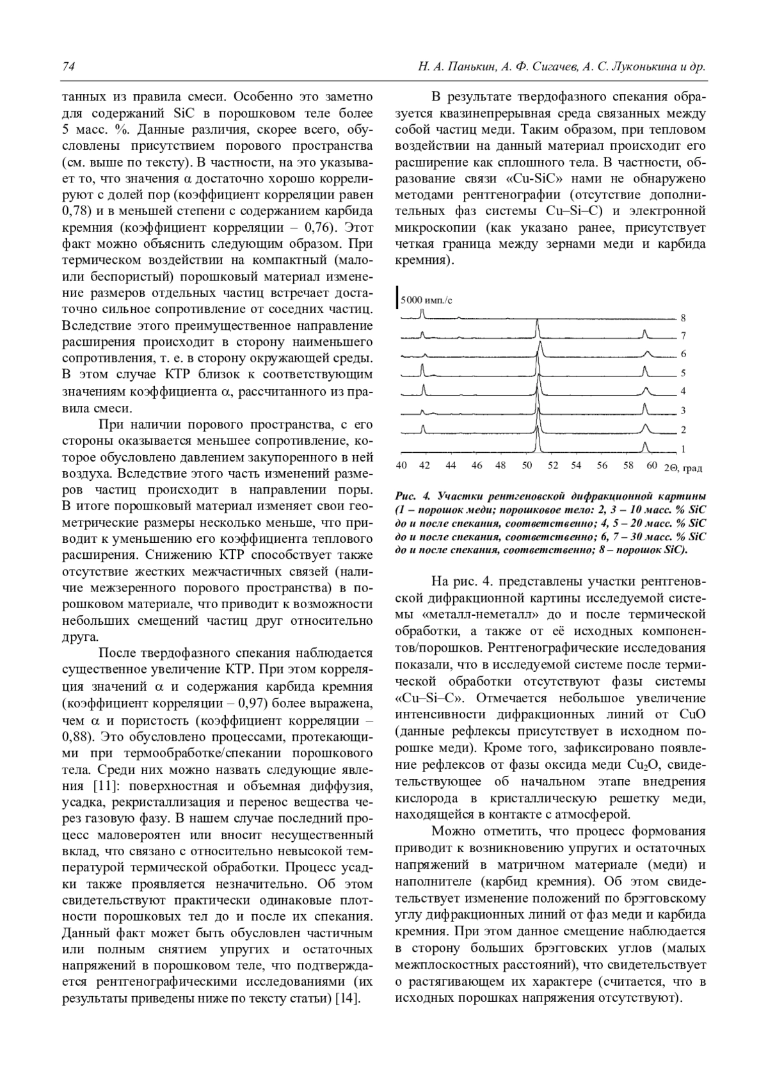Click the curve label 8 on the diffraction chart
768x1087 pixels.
pyautogui.click(x=684, y=318)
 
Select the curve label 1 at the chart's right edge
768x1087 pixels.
pyautogui.click(x=684, y=449)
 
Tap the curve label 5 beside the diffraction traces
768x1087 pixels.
pyautogui.click(x=684, y=373)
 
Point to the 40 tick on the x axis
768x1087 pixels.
pyautogui.click(x=401, y=466)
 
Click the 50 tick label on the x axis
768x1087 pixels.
pyautogui.click(x=527, y=466)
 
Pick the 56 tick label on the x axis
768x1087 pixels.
pyautogui.click(x=602, y=466)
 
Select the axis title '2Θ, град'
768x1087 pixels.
pyautogui.click(x=683, y=468)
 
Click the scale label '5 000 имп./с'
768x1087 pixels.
pyautogui.click(x=426, y=299)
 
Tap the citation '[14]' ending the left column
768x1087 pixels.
pyautogui.click(x=349, y=999)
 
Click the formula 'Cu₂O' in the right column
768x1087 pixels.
pyautogui.click(x=646, y=765)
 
